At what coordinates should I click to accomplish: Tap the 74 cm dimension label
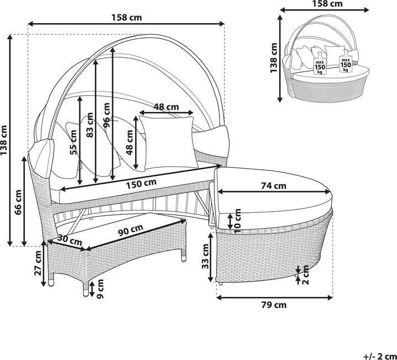coord(273,186)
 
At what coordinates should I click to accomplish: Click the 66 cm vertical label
coord(18,202)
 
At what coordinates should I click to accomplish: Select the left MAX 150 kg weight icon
coord(319,63)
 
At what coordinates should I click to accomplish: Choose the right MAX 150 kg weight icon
coord(346,63)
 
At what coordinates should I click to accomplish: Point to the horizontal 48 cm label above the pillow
coord(166,106)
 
